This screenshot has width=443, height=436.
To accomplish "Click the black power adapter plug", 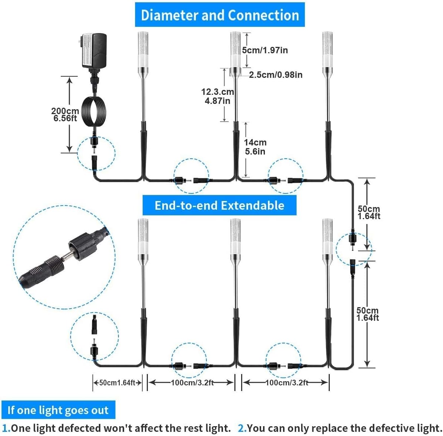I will [x=94, y=51].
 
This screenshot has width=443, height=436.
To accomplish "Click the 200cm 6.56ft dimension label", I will [x=65, y=114].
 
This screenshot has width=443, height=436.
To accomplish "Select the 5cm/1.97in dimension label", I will [x=265, y=50].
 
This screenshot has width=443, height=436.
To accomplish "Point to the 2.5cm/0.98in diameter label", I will [x=275, y=75].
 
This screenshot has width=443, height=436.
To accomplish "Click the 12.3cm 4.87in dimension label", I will [x=217, y=96].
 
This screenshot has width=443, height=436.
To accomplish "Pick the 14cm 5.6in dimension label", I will [x=255, y=147].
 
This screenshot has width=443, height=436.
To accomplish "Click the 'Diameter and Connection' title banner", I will [x=220, y=15].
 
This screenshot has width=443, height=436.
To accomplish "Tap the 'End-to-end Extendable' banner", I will [x=219, y=206].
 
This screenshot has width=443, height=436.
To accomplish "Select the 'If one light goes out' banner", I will [x=58, y=410].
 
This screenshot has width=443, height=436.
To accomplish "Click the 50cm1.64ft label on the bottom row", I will [x=117, y=383].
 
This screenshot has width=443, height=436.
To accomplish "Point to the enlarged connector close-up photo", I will [x=64, y=257].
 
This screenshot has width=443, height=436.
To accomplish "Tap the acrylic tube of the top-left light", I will [x=143, y=49].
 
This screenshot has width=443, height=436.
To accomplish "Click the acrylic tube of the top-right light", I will [x=327, y=49].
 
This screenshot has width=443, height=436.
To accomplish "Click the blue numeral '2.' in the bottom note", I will [x=242, y=428].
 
